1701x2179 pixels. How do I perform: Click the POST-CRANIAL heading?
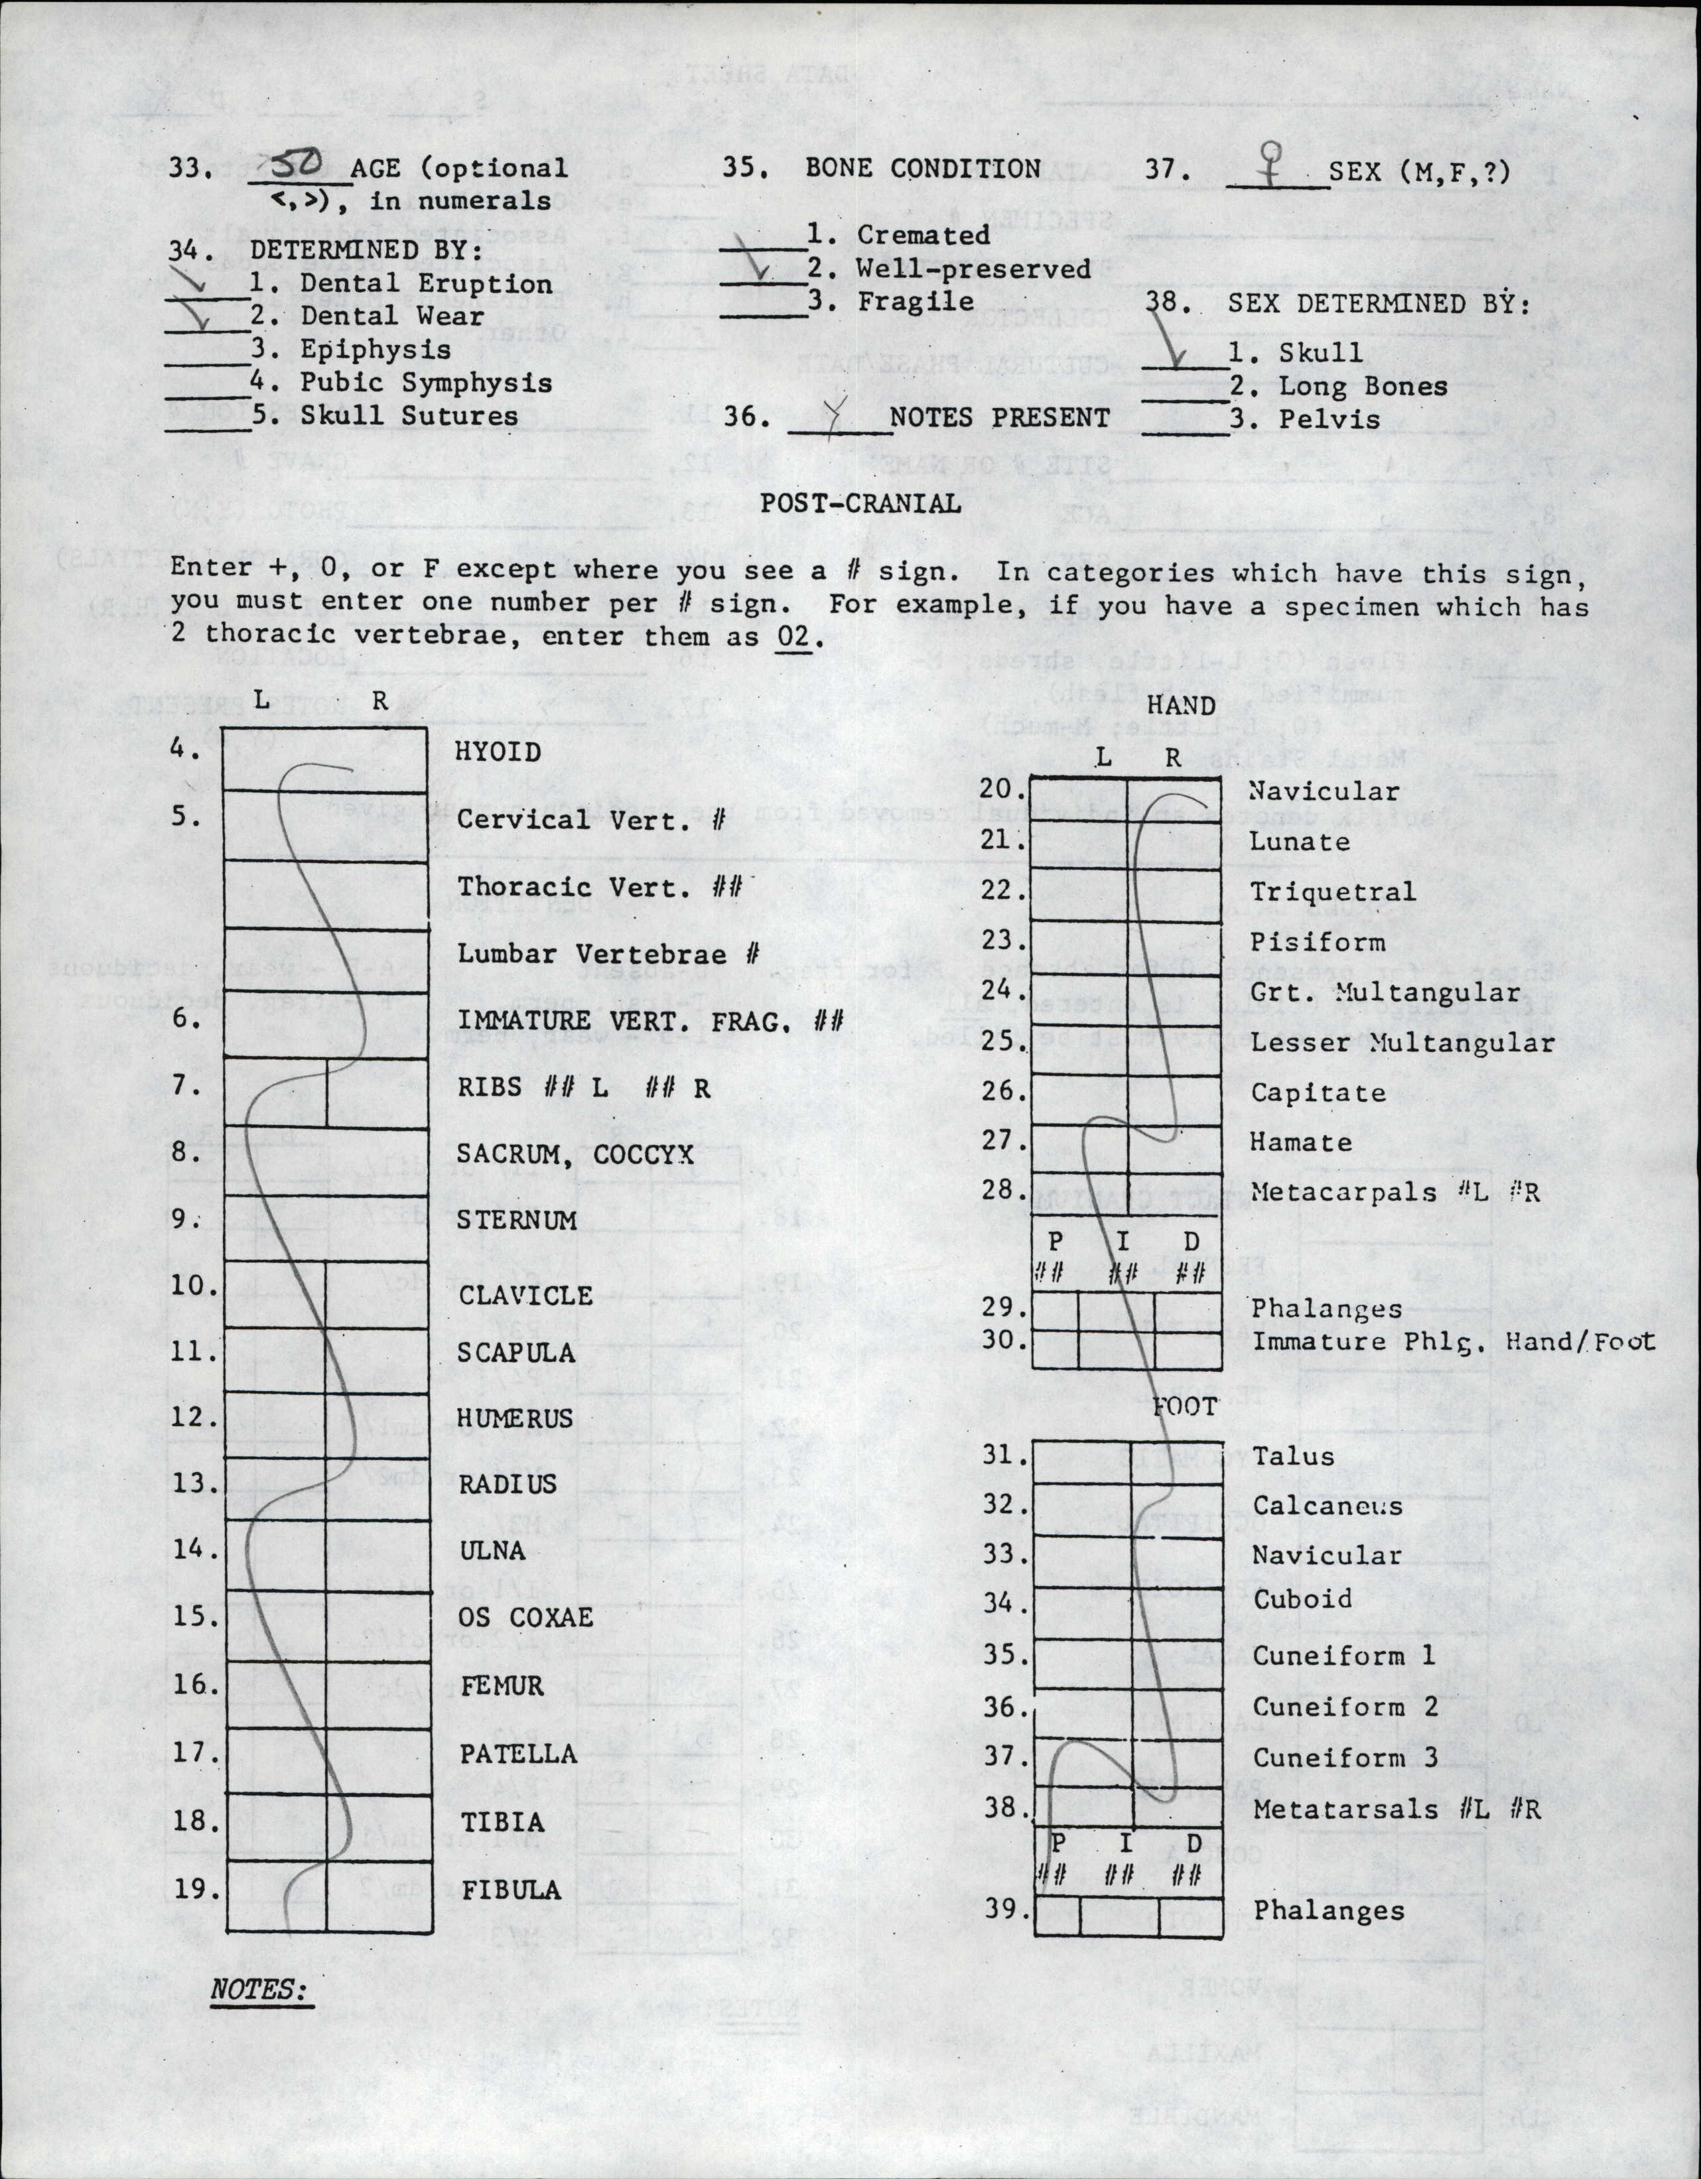tap(860, 503)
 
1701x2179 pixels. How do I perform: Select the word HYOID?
tap(498, 752)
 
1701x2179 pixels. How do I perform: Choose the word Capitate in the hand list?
tap(1318, 1092)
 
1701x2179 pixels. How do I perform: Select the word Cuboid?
tap(1302, 1599)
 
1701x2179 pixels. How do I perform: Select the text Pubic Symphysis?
tap(426, 383)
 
